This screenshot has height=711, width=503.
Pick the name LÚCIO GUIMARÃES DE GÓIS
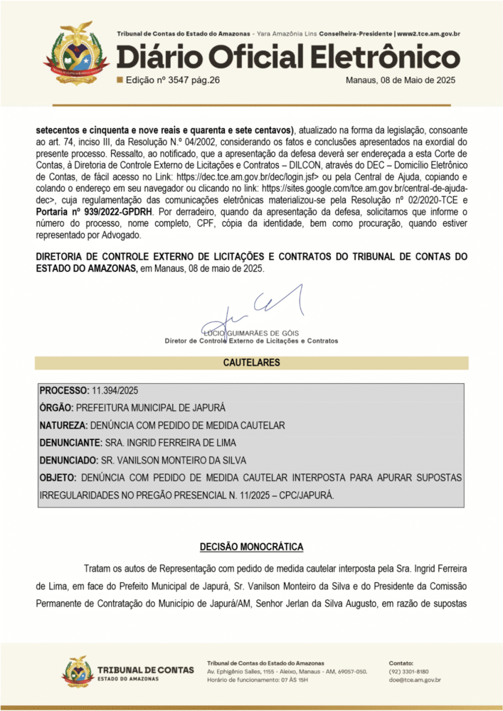click(251, 333)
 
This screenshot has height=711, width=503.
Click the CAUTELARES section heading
click(251, 363)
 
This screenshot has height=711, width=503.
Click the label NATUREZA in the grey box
click(62, 426)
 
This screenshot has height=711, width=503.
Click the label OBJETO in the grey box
click(58, 477)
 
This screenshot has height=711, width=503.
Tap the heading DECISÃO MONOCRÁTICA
click(251, 547)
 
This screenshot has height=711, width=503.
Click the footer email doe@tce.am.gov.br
click(415, 680)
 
